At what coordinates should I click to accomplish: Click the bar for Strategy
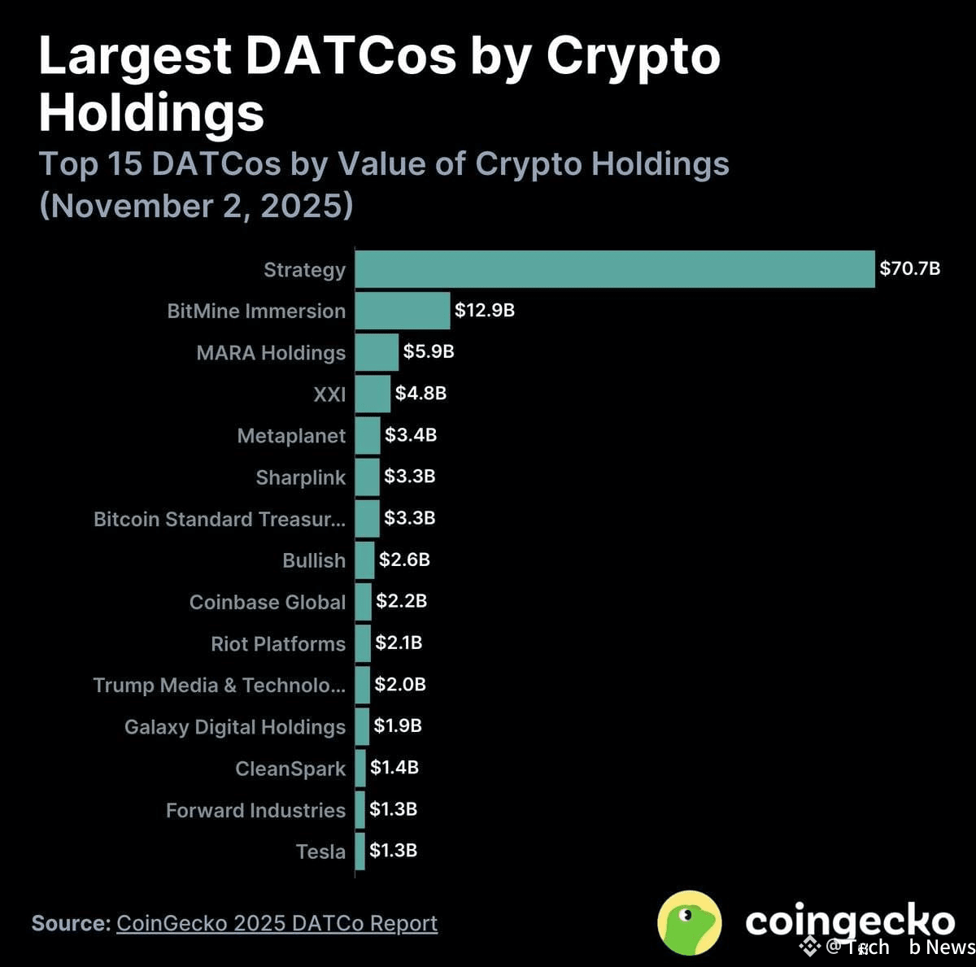point(615,269)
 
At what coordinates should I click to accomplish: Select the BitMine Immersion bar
point(403,311)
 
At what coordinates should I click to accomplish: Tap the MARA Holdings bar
point(377,352)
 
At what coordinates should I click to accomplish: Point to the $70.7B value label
point(909,268)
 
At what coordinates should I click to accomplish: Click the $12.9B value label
point(484,310)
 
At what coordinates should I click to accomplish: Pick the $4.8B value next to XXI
point(420,393)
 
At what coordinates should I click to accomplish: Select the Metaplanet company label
point(291,436)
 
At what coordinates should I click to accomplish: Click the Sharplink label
point(300,477)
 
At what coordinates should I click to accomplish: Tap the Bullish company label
point(314,560)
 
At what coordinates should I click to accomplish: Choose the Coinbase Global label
point(268,602)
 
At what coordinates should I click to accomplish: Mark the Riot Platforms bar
point(363,643)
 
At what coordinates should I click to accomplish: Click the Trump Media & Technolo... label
point(219,685)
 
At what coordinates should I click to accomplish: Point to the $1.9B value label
point(398,725)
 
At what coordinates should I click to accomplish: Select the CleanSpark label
point(290,769)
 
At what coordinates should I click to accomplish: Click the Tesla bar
point(360,852)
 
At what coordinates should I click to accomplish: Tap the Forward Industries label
point(255,810)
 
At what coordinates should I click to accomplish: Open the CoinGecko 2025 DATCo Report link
point(277,923)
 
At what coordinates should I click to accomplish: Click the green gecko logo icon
point(689,922)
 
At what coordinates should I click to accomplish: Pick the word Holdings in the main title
point(151,112)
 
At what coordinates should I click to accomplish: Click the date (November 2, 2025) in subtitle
point(196,205)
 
